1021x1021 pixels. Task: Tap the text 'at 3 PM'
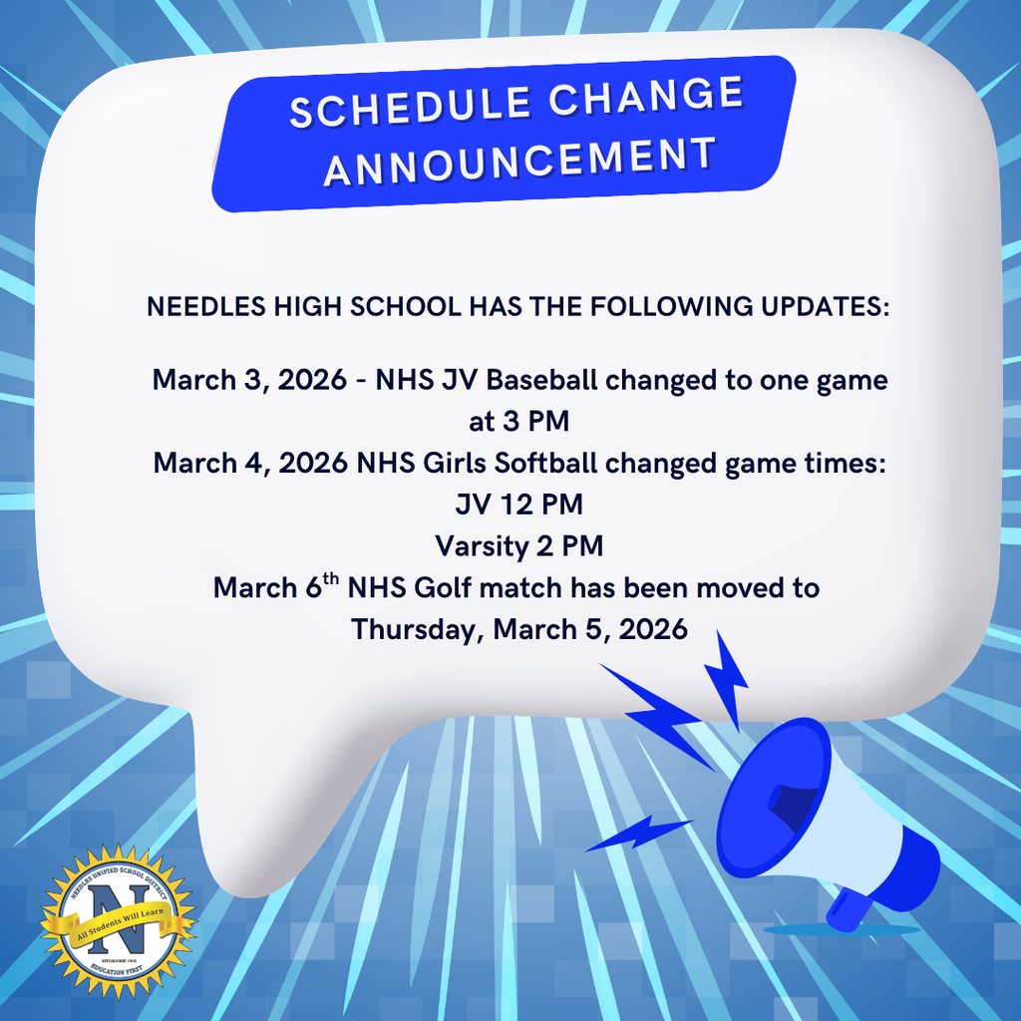click(519, 422)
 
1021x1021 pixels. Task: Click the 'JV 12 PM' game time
click(519, 506)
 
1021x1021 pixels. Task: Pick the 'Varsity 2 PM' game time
click(519, 546)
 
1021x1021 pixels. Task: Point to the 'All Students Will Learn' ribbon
click(117, 937)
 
